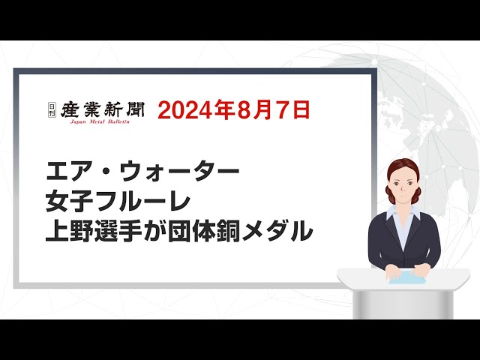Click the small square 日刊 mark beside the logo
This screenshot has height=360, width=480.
pyautogui.click(x=52, y=109)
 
